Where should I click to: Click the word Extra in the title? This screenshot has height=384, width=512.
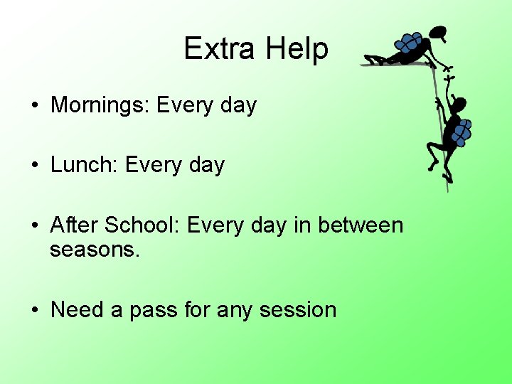click(220, 48)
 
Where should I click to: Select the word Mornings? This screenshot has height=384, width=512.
click(100, 106)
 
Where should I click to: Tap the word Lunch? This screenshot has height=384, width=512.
click(85, 165)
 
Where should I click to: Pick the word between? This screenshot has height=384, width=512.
click(361, 225)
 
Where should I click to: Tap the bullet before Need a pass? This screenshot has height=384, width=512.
click(34, 310)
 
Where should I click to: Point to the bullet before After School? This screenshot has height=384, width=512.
click(34, 226)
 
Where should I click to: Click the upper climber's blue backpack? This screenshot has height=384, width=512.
click(409, 43)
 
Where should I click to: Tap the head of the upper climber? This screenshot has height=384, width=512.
click(439, 33)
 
